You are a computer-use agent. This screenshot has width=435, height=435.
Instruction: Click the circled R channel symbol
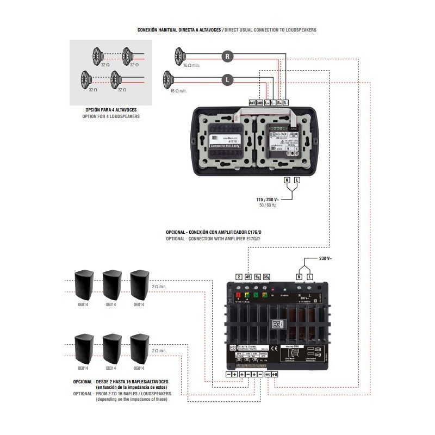tap(228, 55)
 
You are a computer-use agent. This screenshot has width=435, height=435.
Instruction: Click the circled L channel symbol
tap(228, 79)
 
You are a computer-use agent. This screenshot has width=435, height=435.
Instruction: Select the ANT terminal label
tap(252, 102)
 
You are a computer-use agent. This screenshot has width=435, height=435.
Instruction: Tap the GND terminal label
tap(260, 102)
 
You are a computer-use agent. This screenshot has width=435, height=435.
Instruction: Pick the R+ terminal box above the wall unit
tap(279, 102)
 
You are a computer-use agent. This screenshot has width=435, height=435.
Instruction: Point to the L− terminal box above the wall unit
tap(273, 102)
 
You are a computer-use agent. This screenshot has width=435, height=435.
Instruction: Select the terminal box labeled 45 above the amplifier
tap(248, 277)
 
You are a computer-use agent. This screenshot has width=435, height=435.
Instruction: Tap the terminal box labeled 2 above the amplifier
tap(238, 277)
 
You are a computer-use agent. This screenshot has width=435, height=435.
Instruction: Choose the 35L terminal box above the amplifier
tap(266, 277)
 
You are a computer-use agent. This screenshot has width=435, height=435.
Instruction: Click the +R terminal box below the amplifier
tap(275, 375)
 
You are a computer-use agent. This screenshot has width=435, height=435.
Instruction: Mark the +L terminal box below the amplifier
tap(268, 375)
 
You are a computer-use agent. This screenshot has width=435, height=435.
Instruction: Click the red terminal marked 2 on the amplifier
tap(238, 296)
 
